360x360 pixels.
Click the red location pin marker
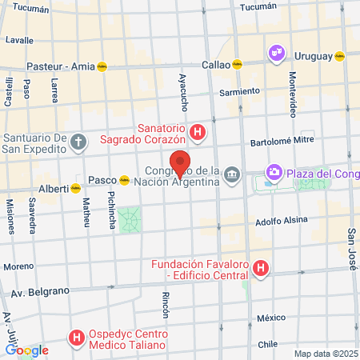click(x=180, y=163)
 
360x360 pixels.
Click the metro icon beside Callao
click(x=237, y=66)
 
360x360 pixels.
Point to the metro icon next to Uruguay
click(x=339, y=57)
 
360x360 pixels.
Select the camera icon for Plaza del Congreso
click(x=274, y=172)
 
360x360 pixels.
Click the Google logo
click(x=26, y=350)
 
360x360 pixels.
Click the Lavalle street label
click(x=19, y=39)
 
